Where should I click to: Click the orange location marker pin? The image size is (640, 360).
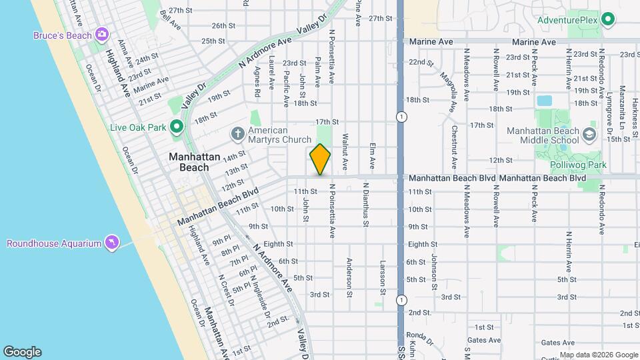point(320,159)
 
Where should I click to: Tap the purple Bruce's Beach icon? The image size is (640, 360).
point(102,34)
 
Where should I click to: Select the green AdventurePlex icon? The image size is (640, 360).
point(607,20)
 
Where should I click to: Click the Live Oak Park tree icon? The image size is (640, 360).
point(176,126)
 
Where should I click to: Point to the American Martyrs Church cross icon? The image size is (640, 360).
point(238,134)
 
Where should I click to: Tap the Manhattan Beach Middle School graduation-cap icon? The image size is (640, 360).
point(589,135)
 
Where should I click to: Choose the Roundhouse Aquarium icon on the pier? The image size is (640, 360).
point(111,242)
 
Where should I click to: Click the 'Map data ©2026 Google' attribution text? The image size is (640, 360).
point(597,355)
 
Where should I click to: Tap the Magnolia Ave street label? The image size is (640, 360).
point(453,93)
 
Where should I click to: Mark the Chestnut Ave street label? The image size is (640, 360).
point(454,147)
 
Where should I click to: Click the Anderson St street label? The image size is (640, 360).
point(349,273)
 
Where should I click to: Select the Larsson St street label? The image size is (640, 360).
point(383,277)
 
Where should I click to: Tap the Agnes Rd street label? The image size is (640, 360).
point(257,77)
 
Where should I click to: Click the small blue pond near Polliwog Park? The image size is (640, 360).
point(544,101)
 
